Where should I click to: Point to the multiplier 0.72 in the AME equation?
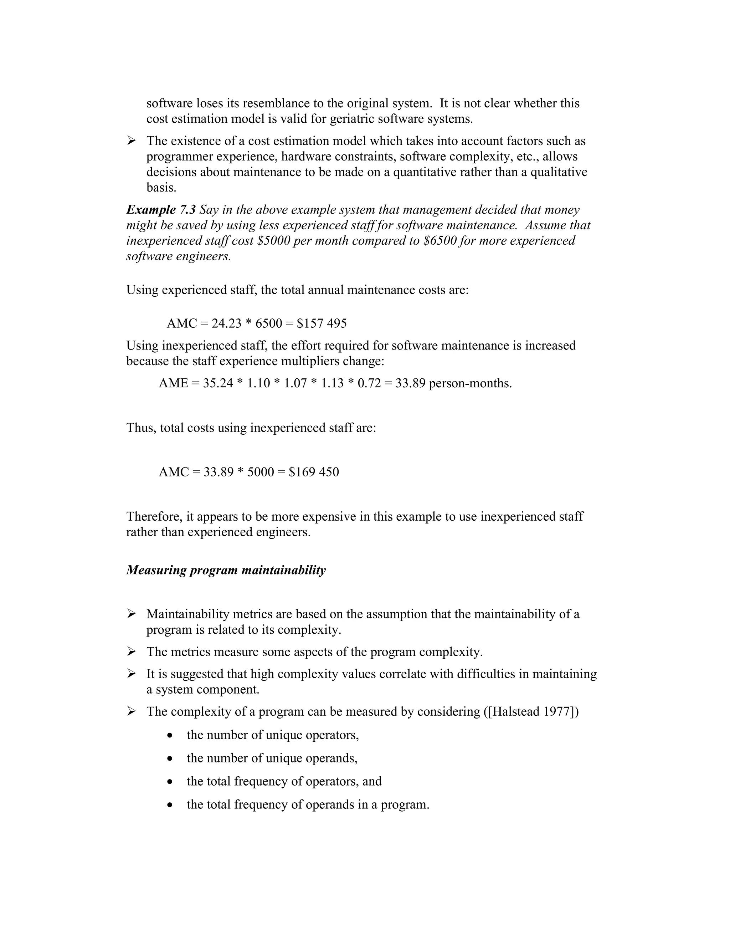point(369,383)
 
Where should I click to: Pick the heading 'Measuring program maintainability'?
point(226,570)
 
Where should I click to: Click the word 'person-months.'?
point(470,383)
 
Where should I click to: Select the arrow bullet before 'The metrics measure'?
point(132,652)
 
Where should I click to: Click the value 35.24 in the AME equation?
point(218,383)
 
